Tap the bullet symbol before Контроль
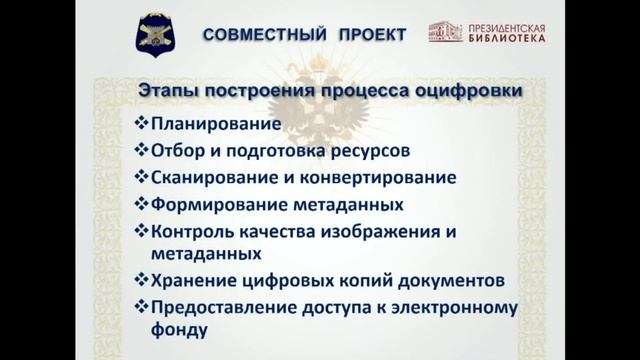coord(139,231)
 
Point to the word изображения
coord(384,231)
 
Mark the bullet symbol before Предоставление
coord(139,306)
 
